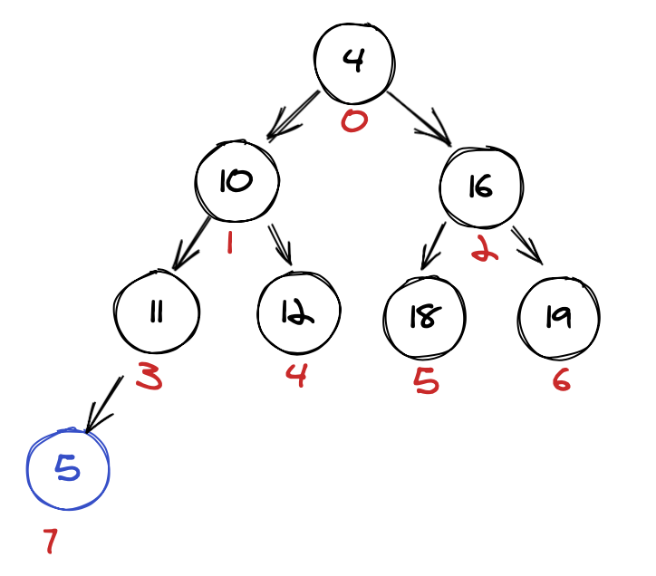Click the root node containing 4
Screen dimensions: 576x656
[354, 61]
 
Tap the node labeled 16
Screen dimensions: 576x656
[480, 186]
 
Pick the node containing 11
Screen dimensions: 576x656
[156, 312]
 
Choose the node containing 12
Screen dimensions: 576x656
[298, 312]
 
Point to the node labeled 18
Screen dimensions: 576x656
[424, 317]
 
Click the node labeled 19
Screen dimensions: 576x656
[558, 316]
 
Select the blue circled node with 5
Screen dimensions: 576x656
[69, 468]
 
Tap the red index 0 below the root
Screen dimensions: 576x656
[354, 120]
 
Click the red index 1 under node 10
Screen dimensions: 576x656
[229, 242]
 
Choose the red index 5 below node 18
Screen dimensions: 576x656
[426, 380]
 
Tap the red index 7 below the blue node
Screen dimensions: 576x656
[51, 542]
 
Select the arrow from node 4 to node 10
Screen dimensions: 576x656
[292, 116]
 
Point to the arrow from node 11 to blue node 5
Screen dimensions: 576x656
[104, 403]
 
